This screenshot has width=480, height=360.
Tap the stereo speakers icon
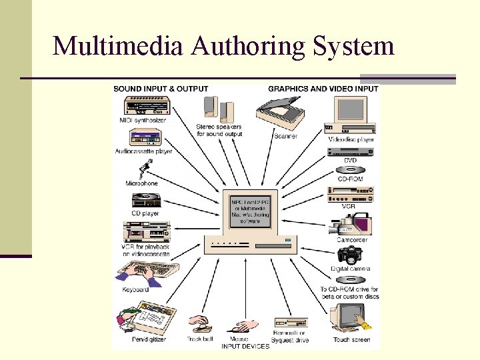pos(218,108)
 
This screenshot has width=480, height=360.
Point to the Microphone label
pos(141,183)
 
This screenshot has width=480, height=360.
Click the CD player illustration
pos(146,200)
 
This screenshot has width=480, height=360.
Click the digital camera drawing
pos(349,255)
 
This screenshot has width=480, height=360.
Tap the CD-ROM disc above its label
pos(351,169)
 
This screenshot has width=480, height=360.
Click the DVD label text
pos(351,161)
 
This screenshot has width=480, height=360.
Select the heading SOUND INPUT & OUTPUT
pos(161,89)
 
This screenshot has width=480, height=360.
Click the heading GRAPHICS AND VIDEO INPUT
pos(323,89)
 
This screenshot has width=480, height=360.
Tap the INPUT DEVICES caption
pos(245,346)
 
